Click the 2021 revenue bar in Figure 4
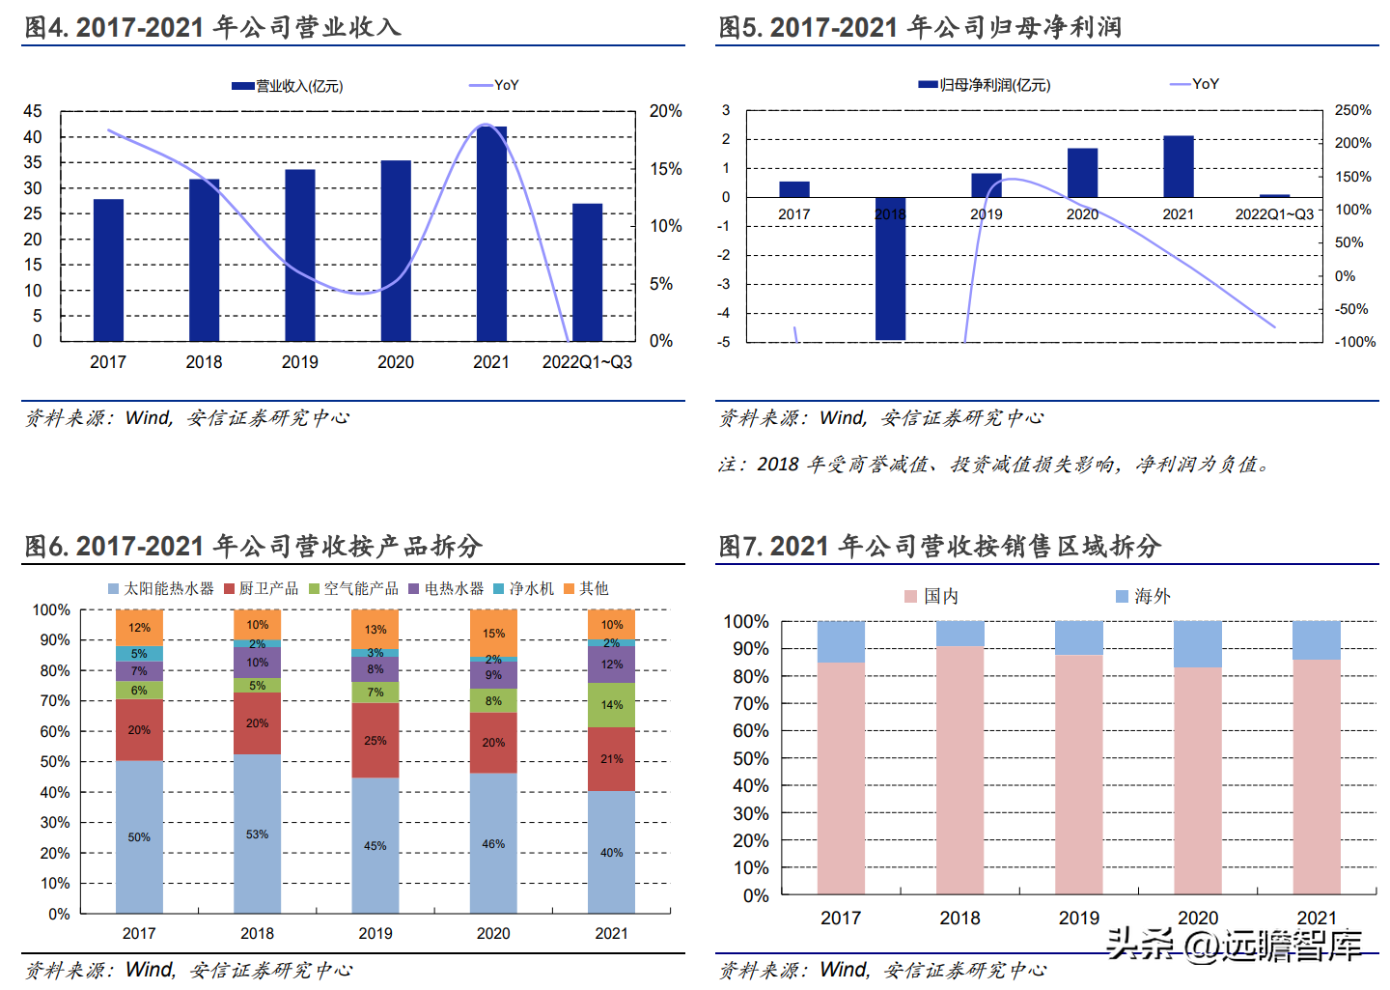pyautogui.click(x=491, y=234)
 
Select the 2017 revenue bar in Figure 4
pyautogui.click(x=108, y=270)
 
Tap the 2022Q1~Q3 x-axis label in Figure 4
pyautogui.click(x=587, y=362)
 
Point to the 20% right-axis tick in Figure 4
pyautogui.click(x=665, y=112)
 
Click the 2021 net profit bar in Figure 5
pyautogui.click(x=1178, y=166)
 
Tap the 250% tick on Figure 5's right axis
pyautogui.click(x=1352, y=110)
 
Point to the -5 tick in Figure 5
pyautogui.click(x=724, y=342)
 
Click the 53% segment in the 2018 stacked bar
pyautogui.click(x=257, y=834)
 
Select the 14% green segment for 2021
pyautogui.click(x=611, y=705)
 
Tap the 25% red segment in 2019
pyautogui.click(x=375, y=741)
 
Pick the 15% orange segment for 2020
pyautogui.click(x=493, y=634)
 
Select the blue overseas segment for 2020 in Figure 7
pyautogui.click(x=1197, y=644)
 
